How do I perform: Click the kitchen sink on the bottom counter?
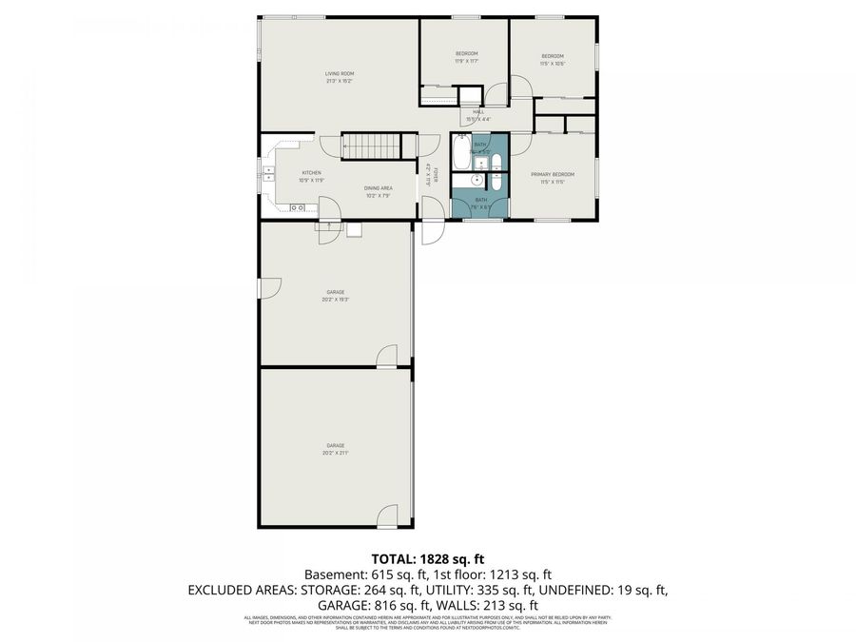tap(298, 206)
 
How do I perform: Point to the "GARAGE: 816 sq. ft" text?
tap(374, 605)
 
